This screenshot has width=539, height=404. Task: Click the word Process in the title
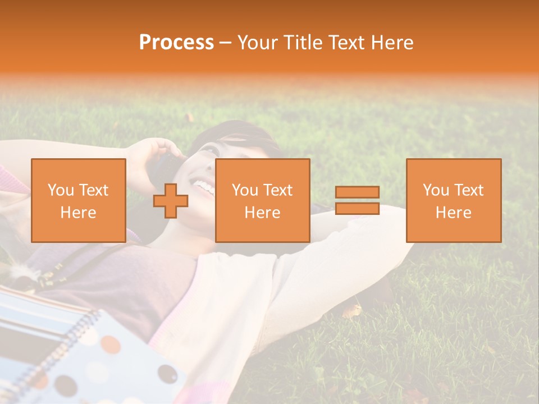[176, 43]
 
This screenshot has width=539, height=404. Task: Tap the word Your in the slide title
[258, 43]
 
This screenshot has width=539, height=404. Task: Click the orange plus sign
[171, 201]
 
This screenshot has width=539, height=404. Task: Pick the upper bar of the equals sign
[357, 192]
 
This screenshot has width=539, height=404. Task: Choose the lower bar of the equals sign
[357, 209]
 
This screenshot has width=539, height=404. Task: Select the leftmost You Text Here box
[79, 200]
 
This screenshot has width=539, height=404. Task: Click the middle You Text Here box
[262, 200]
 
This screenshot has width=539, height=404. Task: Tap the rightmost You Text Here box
[454, 200]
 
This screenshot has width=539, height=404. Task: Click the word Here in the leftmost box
[79, 213]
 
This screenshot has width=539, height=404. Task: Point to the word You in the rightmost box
[436, 190]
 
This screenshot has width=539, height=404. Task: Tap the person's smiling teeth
[204, 187]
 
